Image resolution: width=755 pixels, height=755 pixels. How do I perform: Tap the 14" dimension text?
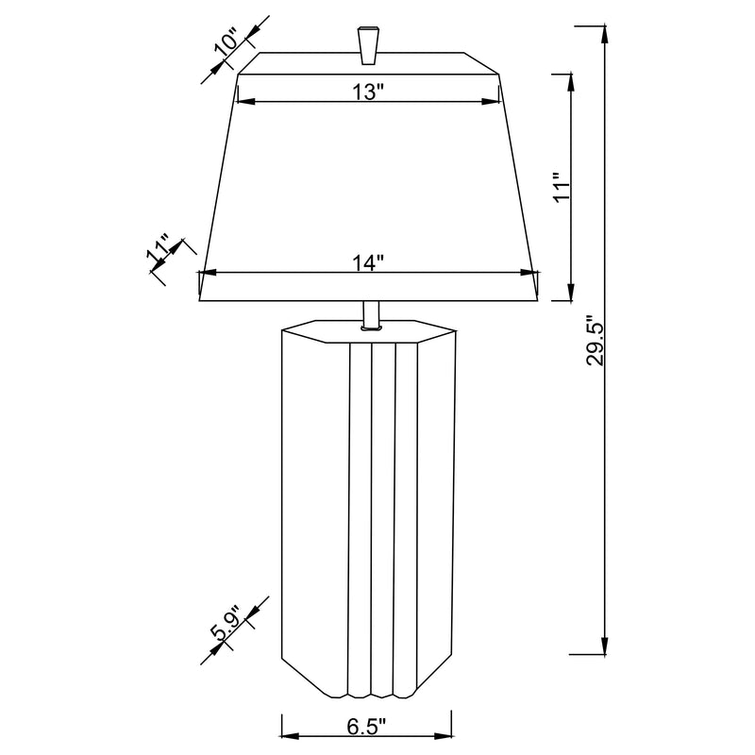368,262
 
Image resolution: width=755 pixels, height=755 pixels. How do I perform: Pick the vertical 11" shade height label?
562,187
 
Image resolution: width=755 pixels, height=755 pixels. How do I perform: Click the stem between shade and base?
369,314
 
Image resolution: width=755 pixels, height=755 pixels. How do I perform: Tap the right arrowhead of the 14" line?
530,274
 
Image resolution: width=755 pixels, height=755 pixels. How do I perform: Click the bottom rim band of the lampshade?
368,287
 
